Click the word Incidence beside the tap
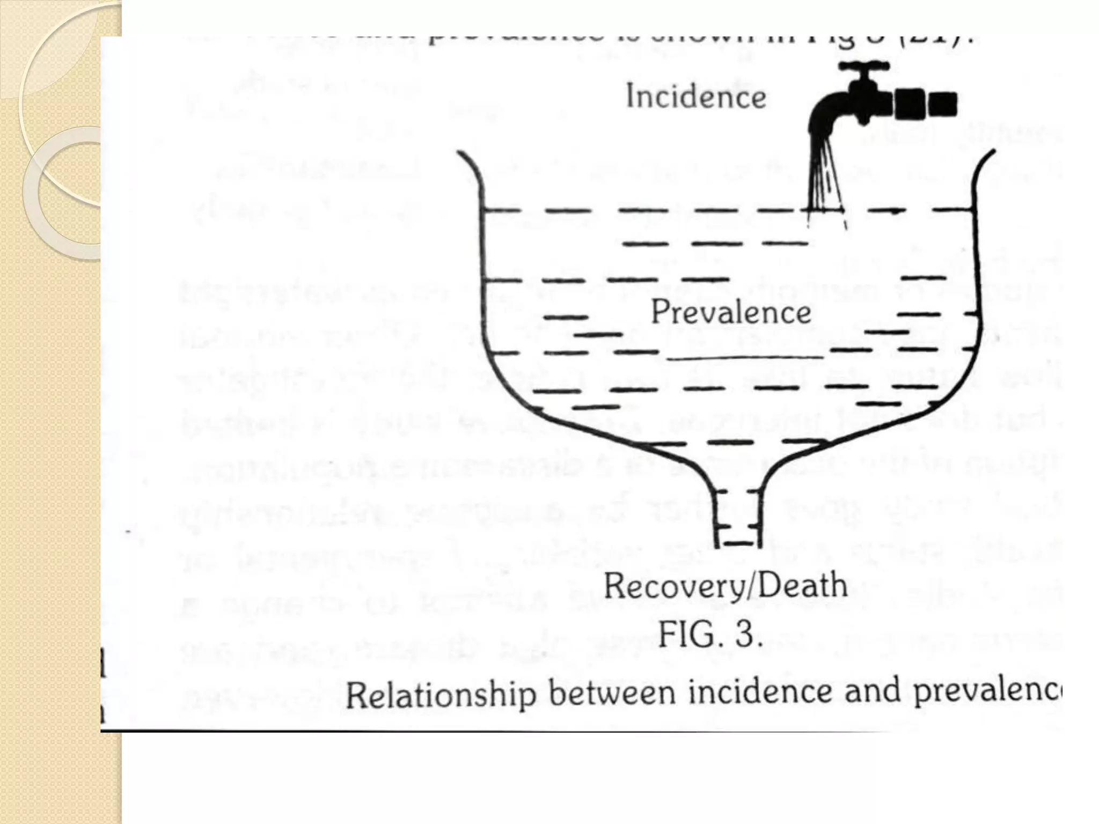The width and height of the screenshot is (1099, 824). (696, 98)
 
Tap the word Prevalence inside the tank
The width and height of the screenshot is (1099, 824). (730, 312)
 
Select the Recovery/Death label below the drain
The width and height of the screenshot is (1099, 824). (726, 585)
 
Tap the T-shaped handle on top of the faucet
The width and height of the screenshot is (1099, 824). (864, 68)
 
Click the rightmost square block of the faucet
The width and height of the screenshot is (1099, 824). (943, 104)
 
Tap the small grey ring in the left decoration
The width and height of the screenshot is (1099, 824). (62, 193)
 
